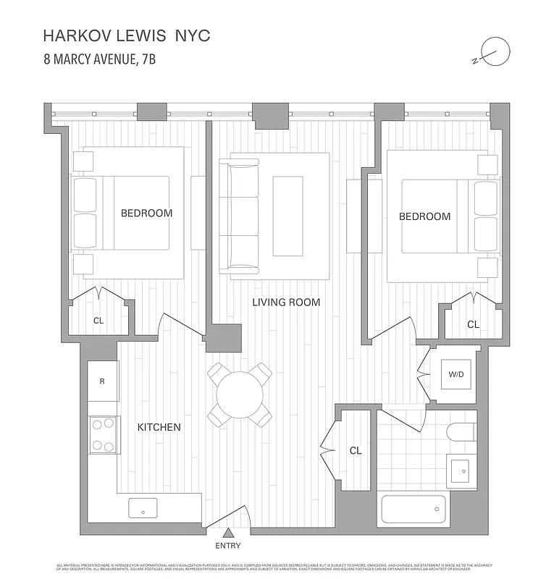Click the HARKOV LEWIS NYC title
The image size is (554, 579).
pos(127,35)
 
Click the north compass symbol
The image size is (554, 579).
pos(495,52)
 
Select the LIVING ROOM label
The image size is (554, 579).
pos(286,303)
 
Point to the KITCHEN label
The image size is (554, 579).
pos(159,428)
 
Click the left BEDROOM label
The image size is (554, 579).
pos(146,213)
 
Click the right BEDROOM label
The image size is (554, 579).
pos(424,216)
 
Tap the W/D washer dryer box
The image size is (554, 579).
pos(456,374)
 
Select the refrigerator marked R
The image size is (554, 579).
pos(103,381)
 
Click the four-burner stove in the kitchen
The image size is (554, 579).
pos(103,434)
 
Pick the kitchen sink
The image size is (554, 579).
pos(143,507)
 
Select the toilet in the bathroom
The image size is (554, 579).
pos(461,432)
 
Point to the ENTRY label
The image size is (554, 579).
pos(228,546)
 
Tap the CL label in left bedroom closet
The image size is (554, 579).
pos(98,321)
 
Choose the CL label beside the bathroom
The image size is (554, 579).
pos(356,450)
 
